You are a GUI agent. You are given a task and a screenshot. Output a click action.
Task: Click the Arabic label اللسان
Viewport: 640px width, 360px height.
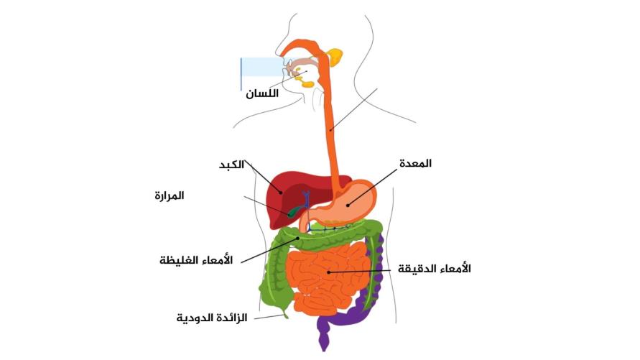point(262,93)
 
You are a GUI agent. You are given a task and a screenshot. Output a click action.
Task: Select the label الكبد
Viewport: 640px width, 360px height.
point(232,165)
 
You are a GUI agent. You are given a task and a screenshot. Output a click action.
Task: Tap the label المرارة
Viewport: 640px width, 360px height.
point(170,196)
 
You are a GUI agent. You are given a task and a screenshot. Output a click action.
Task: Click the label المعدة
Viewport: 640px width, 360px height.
point(415,164)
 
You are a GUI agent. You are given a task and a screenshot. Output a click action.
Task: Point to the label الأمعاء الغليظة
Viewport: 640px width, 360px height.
point(196,260)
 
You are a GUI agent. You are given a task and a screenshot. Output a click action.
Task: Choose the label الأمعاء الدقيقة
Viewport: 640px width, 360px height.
point(435,269)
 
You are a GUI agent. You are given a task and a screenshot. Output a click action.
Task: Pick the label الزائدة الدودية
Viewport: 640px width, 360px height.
point(212,318)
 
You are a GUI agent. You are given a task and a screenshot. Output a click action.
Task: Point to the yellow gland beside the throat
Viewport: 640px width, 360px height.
point(335,57)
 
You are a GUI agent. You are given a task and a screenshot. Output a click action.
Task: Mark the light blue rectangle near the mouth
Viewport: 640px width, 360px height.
point(262,67)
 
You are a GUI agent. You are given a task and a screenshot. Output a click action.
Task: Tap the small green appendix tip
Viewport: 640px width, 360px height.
point(285,315)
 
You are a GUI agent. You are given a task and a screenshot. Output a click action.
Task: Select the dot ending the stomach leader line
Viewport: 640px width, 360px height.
point(348,205)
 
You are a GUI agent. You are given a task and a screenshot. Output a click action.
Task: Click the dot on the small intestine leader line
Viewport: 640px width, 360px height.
point(328,272)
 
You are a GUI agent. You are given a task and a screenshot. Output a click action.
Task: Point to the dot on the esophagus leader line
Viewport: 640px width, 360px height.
point(330,130)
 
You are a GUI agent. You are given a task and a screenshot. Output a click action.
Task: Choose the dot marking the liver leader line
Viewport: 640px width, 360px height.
point(280,192)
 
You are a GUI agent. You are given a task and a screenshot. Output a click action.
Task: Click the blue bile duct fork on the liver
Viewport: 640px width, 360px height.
point(306,197)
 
